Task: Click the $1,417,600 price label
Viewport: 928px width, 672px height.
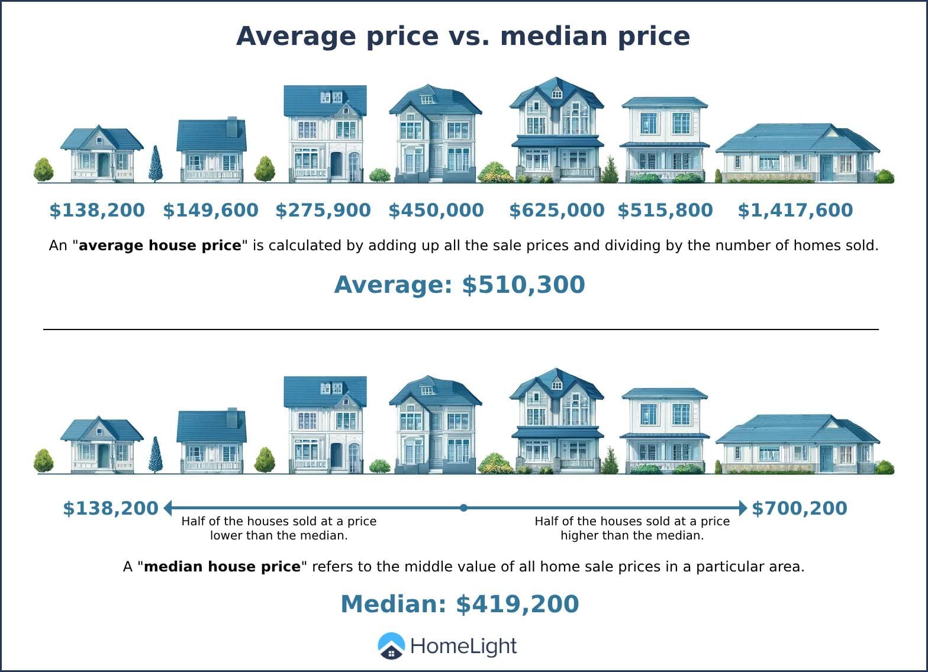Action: (x=795, y=210)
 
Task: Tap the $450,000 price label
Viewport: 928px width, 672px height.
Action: (x=436, y=210)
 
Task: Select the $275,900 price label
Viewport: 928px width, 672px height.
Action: (x=323, y=210)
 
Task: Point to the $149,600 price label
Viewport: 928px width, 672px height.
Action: (x=211, y=210)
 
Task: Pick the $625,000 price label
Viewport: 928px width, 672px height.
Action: (x=557, y=210)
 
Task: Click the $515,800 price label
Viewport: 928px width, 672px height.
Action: (x=665, y=210)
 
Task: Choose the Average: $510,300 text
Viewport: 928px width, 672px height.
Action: (x=459, y=285)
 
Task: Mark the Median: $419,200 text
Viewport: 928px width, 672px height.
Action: (x=459, y=604)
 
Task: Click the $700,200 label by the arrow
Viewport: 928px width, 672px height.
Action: (x=799, y=508)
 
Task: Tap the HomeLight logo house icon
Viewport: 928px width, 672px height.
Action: (x=391, y=646)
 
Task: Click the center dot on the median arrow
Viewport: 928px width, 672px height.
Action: (x=463, y=508)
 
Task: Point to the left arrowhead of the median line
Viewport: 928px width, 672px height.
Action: (x=168, y=508)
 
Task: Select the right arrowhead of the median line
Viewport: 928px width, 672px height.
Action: (x=743, y=508)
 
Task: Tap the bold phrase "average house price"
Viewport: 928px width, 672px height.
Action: (x=160, y=245)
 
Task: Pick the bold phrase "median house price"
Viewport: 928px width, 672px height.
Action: (x=222, y=567)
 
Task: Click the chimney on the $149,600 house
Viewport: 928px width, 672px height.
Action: (x=232, y=126)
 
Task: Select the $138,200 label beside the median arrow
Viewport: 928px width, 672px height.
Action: (x=111, y=508)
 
